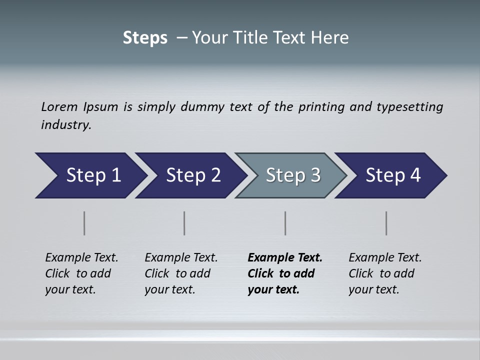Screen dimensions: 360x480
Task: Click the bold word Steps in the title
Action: pyautogui.click(x=145, y=38)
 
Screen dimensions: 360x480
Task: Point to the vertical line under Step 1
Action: pyautogui.click(x=84, y=223)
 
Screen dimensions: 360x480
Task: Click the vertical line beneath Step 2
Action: pyautogui.click(x=184, y=223)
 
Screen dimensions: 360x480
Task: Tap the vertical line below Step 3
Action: pyautogui.click(x=285, y=223)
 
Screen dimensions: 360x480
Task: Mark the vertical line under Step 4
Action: pyautogui.click(x=386, y=223)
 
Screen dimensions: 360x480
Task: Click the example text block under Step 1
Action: pyautogui.click(x=81, y=273)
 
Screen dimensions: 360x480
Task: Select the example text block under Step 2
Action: pyautogui.click(x=181, y=273)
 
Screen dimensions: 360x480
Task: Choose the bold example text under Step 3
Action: pyautogui.click(x=285, y=273)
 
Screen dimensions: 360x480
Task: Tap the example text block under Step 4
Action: pyautogui.click(x=385, y=273)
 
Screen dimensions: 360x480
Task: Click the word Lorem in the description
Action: pyautogui.click(x=59, y=107)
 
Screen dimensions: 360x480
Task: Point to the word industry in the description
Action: pyautogui.click(x=66, y=125)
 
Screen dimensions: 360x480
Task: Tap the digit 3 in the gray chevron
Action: pyautogui.click(x=315, y=175)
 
